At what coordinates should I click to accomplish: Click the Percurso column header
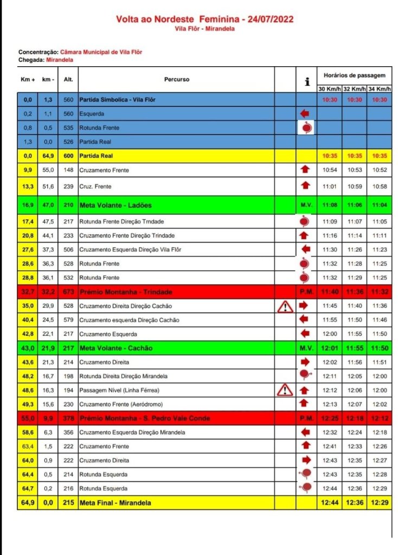(x=177, y=79)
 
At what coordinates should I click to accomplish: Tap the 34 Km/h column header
(x=379, y=88)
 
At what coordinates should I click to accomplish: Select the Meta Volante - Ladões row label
(x=115, y=205)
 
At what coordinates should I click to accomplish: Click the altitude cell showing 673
(x=68, y=292)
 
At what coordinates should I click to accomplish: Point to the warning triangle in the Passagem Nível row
(x=285, y=390)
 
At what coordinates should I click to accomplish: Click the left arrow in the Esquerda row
(x=305, y=114)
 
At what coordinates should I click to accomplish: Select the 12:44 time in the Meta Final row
(x=330, y=503)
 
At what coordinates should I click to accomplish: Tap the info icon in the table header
(x=307, y=81)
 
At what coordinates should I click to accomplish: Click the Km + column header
(x=28, y=79)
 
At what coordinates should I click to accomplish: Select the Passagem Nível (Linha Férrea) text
(x=119, y=390)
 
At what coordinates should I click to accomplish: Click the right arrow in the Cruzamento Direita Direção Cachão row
(x=305, y=305)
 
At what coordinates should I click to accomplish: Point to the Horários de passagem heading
(x=354, y=75)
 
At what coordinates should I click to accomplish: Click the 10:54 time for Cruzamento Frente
(x=330, y=170)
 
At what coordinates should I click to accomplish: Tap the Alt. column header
(x=68, y=79)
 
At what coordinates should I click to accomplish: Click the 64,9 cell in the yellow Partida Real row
(x=49, y=156)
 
